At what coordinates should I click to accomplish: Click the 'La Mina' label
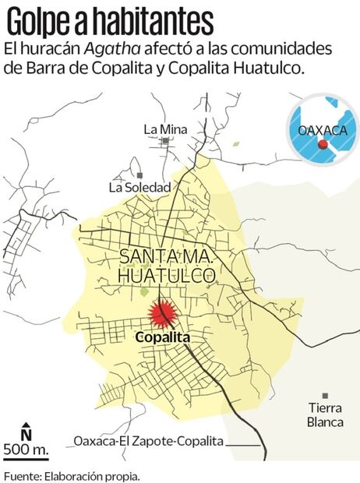[x=165, y=129]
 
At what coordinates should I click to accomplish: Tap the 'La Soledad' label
[x=139, y=187]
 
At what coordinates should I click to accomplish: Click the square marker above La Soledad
[x=139, y=175]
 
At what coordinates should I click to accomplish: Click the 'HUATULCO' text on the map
[x=166, y=275]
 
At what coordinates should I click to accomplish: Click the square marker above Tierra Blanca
[x=325, y=396]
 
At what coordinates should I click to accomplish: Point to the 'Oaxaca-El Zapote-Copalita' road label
[x=148, y=442]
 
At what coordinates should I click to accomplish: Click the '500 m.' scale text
[x=26, y=450]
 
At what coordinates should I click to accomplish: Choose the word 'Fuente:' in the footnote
[x=21, y=474]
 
